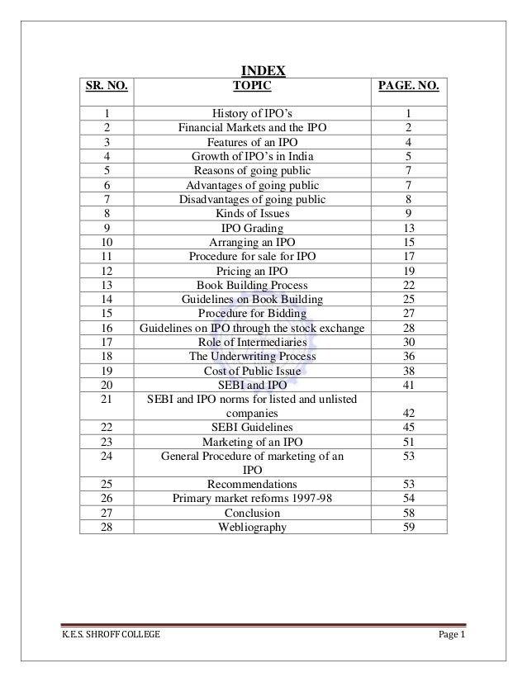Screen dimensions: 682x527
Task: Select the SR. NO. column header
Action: click(107, 85)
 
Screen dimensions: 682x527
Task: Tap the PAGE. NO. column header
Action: click(408, 85)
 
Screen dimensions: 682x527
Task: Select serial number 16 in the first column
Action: click(107, 328)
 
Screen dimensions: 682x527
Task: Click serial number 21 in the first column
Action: click(107, 400)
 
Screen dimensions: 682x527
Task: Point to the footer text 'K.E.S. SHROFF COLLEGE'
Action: click(97, 634)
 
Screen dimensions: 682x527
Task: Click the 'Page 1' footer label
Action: click(451, 634)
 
